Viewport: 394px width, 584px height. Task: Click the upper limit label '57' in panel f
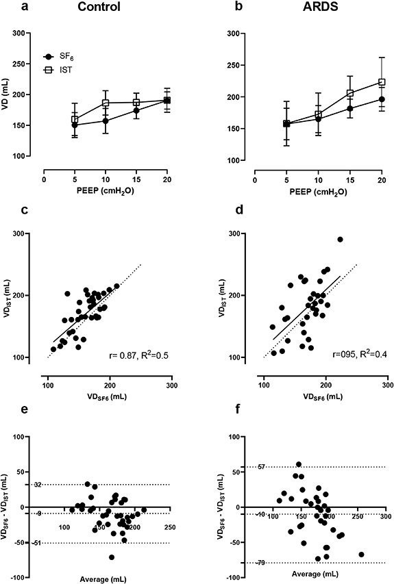[261, 467]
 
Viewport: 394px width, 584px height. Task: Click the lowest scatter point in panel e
[111, 557]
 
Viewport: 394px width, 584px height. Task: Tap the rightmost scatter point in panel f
[361, 555]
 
